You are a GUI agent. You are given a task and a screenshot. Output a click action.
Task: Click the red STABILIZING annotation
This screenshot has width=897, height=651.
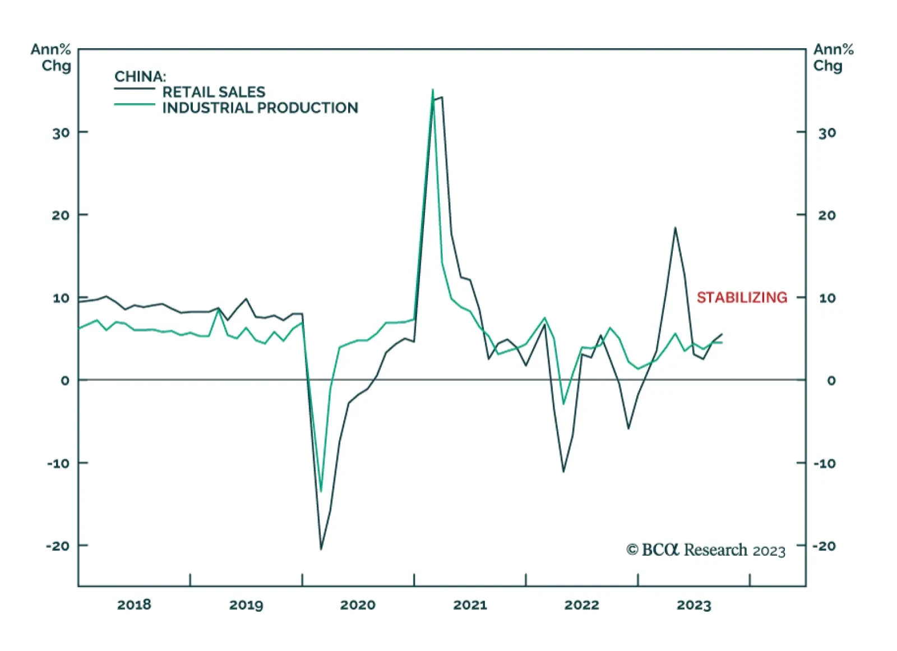(x=742, y=297)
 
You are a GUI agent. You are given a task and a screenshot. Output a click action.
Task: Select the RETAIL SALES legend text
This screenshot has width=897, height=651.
(x=214, y=92)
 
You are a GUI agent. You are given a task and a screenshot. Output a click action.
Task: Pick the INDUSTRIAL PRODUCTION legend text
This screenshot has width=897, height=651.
(x=260, y=108)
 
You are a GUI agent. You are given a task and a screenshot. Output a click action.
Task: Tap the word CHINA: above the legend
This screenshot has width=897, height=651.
(x=140, y=76)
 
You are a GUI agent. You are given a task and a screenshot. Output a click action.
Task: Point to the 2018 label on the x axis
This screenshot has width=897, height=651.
(x=134, y=604)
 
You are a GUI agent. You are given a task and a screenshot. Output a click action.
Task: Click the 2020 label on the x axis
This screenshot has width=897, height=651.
(x=358, y=604)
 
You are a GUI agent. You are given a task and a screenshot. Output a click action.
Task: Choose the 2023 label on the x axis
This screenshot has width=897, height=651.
(x=693, y=604)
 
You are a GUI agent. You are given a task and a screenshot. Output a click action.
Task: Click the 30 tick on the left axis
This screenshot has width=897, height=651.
(x=61, y=133)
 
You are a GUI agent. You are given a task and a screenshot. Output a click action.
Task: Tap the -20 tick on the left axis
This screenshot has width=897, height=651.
(x=58, y=546)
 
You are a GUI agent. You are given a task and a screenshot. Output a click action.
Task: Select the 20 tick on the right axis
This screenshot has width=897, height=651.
(x=827, y=215)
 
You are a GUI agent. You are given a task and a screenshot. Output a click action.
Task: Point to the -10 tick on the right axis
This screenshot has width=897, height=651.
(x=824, y=463)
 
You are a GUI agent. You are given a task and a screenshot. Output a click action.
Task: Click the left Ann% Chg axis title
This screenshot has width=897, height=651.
(x=51, y=57)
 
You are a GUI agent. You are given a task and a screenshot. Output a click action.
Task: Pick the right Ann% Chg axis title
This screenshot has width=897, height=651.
(x=833, y=57)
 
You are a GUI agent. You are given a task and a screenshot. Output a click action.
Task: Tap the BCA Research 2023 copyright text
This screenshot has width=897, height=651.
(x=706, y=550)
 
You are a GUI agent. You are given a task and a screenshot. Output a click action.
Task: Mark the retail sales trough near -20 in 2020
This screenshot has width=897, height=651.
(x=321, y=549)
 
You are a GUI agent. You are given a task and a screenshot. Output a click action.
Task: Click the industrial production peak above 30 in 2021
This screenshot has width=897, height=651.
(x=433, y=90)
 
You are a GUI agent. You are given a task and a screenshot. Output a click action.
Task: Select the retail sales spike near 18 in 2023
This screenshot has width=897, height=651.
(x=675, y=228)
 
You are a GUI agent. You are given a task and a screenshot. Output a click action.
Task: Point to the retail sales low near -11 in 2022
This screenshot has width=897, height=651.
(x=563, y=471)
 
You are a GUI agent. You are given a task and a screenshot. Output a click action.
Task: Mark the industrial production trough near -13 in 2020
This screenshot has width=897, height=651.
(x=321, y=491)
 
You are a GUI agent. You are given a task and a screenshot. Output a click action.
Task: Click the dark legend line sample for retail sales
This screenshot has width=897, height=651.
(x=135, y=89)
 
